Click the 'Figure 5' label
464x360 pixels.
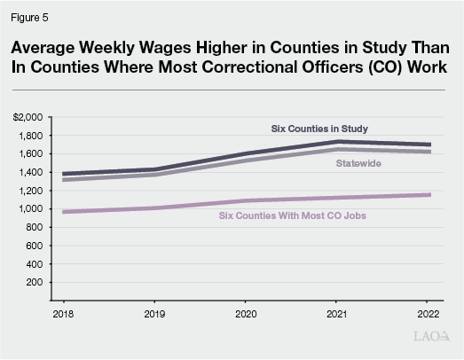(x=31, y=14)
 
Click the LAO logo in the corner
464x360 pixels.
(x=432, y=338)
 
